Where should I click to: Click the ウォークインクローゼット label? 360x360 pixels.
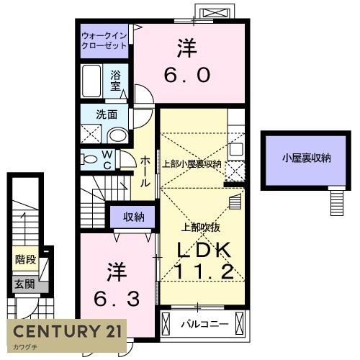coord(104,40)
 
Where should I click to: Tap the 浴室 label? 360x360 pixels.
coord(115,80)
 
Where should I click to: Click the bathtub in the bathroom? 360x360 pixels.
coord(91,81)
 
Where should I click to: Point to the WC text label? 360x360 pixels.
coord(107,159)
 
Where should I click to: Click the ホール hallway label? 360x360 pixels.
coord(145,171)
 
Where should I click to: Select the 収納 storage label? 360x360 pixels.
coord(132,216)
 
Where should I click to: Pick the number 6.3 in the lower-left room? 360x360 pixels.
coord(117,297)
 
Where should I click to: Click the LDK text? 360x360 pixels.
coord(202,250)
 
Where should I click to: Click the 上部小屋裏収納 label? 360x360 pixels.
coord(192,165)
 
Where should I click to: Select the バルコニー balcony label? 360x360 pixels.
coord(204,325)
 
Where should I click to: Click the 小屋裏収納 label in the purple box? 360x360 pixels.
coord(306,158)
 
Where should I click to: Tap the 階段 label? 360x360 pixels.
coord(25,258)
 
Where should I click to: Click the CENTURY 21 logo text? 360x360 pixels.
coord(67,332)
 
